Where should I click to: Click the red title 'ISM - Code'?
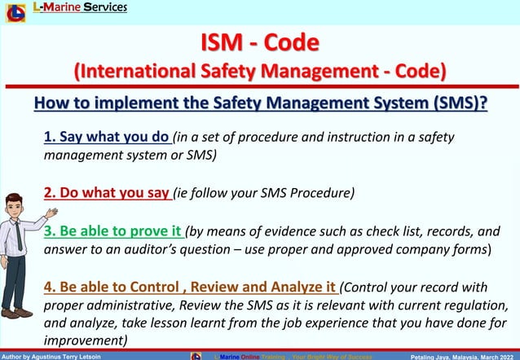point(260,41)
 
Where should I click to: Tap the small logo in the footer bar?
point(196,356)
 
